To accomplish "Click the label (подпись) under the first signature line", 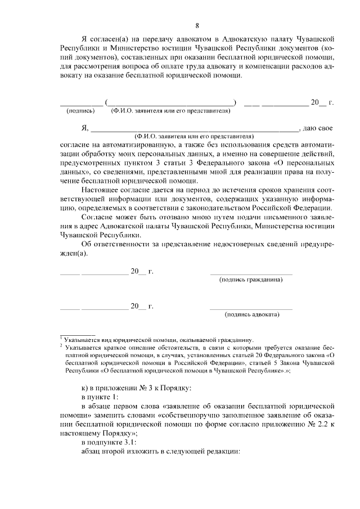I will coord(81,111).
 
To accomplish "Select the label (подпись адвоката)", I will coord(251,314).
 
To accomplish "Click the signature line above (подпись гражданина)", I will coord(251,274).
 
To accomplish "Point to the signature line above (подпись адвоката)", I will coord(251,309).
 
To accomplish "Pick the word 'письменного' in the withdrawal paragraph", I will coord(281,217).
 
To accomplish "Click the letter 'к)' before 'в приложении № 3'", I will coord(85,389).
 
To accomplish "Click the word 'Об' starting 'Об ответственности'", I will coord(87,244).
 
